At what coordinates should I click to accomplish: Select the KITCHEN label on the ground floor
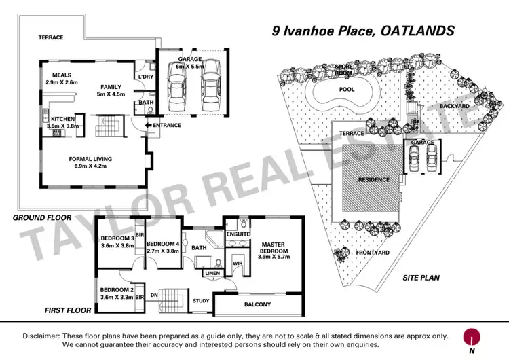click(62, 119)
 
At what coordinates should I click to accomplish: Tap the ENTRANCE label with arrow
click(165, 126)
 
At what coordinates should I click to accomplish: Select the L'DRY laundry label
click(146, 78)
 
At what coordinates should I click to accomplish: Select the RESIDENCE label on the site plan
click(374, 180)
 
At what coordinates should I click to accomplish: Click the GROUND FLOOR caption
click(42, 217)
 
